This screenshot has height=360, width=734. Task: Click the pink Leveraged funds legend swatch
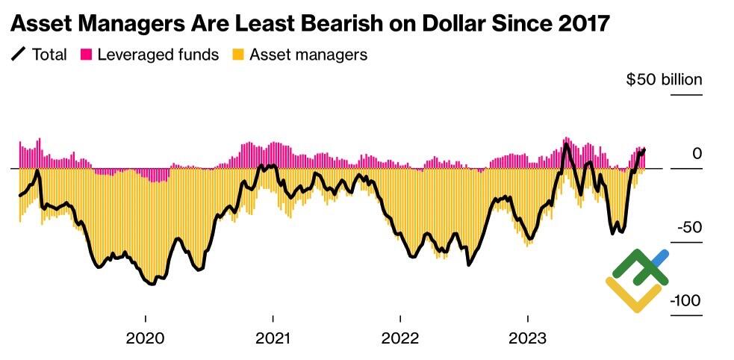coord(87,55)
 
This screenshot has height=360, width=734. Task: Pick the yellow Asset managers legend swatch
coord(238,55)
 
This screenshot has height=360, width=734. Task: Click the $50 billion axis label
coord(664,80)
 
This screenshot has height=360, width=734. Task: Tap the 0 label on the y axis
coord(697,154)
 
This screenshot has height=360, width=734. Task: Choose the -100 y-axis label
coord(685,301)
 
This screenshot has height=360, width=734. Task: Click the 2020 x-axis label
coord(145,338)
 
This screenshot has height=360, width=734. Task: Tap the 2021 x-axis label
coord(273,338)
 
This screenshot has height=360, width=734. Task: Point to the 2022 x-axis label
coord(400,338)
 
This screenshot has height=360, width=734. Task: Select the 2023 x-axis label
coord(528,338)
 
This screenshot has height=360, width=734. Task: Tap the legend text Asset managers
coord(308,55)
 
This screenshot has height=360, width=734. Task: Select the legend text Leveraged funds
coord(158,55)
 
